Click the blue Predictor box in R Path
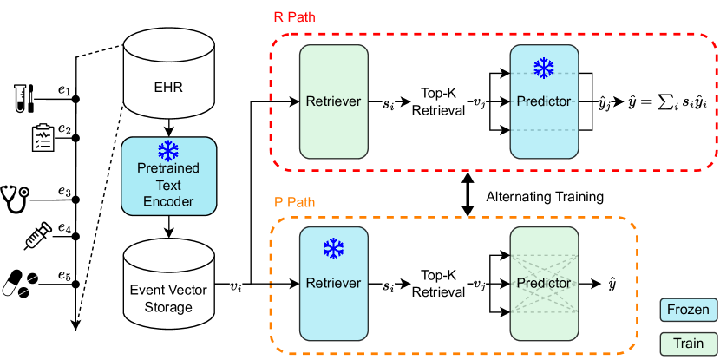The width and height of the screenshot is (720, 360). (x=543, y=102)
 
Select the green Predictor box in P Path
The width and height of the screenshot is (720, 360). (x=543, y=283)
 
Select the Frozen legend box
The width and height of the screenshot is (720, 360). (x=689, y=309)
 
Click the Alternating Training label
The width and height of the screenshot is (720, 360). (x=545, y=197)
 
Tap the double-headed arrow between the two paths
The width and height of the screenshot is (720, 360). (x=468, y=196)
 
